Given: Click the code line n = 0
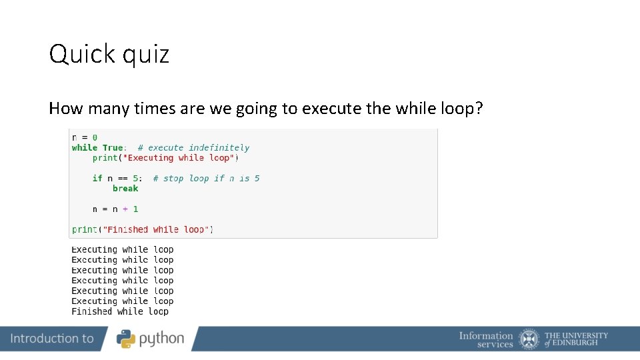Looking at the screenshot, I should click(x=85, y=137).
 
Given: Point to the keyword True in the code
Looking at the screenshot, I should click(x=113, y=148).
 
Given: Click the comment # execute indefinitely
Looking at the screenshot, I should click(x=193, y=148).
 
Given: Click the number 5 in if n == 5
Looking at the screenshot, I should click(x=136, y=179).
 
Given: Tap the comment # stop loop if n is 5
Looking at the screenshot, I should click(x=206, y=179).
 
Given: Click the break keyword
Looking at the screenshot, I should click(x=125, y=189).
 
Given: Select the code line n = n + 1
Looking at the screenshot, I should click(x=115, y=209).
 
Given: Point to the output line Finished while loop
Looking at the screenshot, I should click(x=120, y=311).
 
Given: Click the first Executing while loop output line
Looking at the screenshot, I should click(x=123, y=250).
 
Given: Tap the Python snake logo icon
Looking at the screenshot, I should click(x=126, y=339).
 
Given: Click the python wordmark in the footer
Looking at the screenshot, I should click(x=161, y=339).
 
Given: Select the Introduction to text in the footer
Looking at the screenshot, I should click(x=52, y=339).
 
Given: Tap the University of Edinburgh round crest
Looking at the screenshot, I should click(x=529, y=339).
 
